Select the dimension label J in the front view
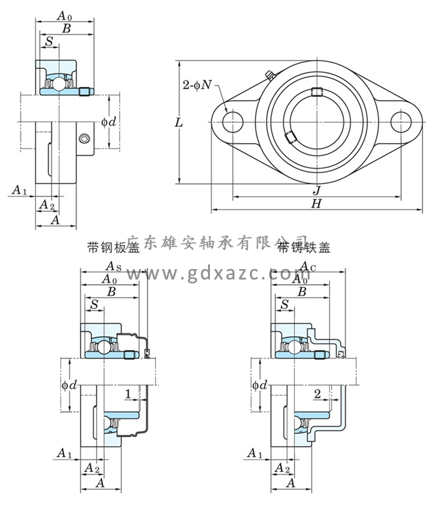316,190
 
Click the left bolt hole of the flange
232,121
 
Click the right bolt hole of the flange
401,121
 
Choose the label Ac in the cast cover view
308,267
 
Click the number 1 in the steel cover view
129,393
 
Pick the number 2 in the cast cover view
318,393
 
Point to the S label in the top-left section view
49,42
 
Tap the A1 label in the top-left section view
19,190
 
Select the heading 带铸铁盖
304,247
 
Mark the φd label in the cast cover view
258,385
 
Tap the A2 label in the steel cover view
93,468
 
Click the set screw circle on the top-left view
82,138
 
